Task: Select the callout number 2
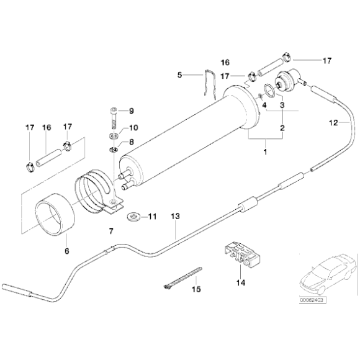282,129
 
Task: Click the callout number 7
111,231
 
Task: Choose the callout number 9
131,111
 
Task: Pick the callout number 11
152,217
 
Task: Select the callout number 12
333,123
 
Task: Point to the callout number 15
196,289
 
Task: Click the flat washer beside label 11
133,217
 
